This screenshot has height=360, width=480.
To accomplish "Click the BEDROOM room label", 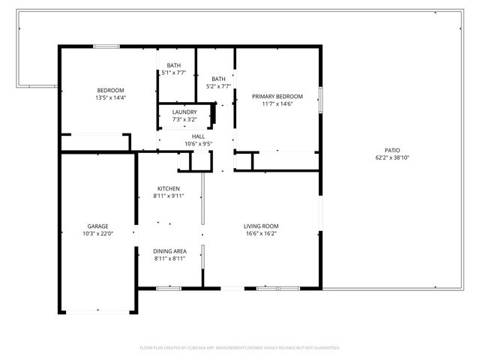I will pyautogui.click(x=109, y=90).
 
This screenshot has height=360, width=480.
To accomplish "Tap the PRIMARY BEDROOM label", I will pyautogui.click(x=277, y=97).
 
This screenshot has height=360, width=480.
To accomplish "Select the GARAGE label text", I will pyautogui.click(x=97, y=226).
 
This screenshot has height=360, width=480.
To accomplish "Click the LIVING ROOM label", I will pyautogui.click(x=261, y=226).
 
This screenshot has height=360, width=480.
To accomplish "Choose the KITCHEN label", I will pyautogui.click(x=168, y=188).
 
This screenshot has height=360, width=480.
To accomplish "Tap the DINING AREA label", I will pyautogui.click(x=169, y=250).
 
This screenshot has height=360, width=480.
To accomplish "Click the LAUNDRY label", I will pyautogui.click(x=184, y=112).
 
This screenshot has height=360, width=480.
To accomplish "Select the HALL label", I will pyautogui.click(x=198, y=136).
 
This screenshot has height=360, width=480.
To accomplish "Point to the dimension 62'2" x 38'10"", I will pyautogui.click(x=392, y=158).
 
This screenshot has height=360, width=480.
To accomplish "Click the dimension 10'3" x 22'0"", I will pyautogui.click(x=97, y=233).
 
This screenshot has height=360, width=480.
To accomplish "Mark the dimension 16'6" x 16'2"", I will pyautogui.click(x=261, y=233).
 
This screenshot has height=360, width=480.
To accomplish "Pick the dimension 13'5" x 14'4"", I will pyautogui.click(x=109, y=97).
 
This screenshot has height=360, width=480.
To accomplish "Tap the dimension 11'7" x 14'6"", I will pyautogui.click(x=277, y=104).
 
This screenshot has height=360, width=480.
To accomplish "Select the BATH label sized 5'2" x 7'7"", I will pyautogui.click(x=218, y=79).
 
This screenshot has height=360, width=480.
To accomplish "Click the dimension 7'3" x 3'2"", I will pyautogui.click(x=184, y=119).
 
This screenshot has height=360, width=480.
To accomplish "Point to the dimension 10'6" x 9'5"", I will pyautogui.click(x=198, y=144).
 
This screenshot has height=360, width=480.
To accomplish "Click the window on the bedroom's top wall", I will pyautogui.click(x=106, y=46).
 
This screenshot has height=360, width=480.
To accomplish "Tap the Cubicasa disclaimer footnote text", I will pyautogui.click(x=240, y=348).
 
